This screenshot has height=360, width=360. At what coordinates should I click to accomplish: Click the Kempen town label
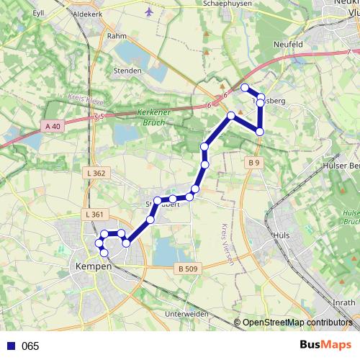pos(94,266)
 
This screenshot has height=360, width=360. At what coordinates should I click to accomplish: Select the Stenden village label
pos(127,71)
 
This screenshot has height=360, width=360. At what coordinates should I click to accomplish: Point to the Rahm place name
pos(117,35)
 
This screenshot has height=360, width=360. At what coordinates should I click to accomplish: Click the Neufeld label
pos(288,44)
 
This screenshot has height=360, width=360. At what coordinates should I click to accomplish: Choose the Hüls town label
pos(282,235)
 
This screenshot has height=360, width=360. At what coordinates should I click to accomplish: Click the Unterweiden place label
pos(186,315)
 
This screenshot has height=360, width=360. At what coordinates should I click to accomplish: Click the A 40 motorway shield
pos(53,126)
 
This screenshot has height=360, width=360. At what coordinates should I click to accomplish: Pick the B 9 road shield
pos(252,163)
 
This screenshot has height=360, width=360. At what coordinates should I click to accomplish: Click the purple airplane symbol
pos(149,12)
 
